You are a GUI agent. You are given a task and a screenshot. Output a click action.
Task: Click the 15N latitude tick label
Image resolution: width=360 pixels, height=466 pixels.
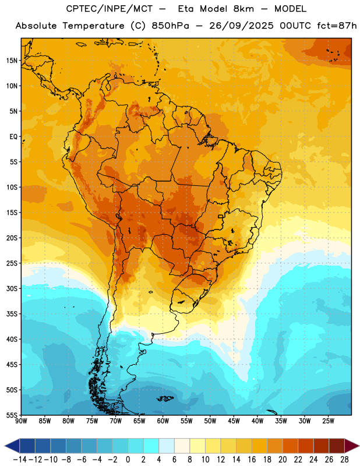point(12,61)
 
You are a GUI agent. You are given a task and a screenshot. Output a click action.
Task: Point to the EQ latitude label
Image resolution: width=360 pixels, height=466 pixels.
point(13,137)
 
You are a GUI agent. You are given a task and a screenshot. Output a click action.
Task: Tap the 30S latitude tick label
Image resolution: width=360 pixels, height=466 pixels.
point(12,288)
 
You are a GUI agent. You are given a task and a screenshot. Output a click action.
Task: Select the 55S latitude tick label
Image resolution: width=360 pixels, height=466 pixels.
point(12,415)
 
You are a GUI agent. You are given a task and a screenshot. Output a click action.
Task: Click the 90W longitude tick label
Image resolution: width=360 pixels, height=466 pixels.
point(21,421)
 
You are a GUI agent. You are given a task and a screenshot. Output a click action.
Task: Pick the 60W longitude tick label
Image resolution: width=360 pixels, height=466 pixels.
point(163,421)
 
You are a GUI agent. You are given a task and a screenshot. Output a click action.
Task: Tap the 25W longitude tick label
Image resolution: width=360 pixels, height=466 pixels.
point(328,421)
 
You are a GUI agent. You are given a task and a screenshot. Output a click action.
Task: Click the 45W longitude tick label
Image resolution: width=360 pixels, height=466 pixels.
point(234,421)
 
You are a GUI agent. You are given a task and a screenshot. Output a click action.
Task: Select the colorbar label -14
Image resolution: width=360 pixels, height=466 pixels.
point(20,460)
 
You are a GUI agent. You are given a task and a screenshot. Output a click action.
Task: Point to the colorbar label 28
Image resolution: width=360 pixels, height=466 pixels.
point(344,460)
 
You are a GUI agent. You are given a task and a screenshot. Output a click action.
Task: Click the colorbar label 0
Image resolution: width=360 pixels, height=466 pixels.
point(128,460)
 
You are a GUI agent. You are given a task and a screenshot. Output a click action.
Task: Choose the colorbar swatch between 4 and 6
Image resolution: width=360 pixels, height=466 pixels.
point(167,446)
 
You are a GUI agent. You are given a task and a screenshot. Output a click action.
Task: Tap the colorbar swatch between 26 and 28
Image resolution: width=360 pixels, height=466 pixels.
point(337,446)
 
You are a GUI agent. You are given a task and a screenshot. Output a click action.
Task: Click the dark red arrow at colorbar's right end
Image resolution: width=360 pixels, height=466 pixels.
point(351,446)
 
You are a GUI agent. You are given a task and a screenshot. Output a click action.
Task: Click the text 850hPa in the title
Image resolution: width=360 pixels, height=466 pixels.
point(170,26)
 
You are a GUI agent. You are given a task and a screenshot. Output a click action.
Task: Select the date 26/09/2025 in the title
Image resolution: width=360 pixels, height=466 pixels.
point(241,26)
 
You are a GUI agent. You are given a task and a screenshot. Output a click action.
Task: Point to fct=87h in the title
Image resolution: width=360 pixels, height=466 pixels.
point(337,26)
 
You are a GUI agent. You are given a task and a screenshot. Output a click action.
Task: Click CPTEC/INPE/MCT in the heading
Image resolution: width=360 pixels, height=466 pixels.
point(110,9)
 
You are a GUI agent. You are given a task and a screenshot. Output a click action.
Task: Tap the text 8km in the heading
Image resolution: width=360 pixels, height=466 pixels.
point(243,9)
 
